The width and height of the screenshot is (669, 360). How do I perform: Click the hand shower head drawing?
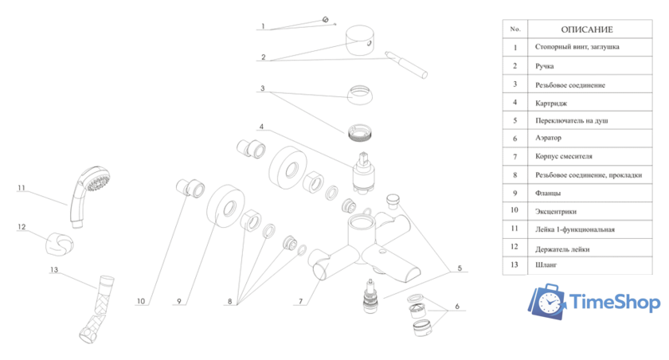pos(88,195)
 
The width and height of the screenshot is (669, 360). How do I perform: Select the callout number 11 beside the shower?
pos(22,188)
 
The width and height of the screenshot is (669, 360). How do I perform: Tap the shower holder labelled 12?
pos(59,245)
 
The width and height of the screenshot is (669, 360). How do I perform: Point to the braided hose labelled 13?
pos(96,309)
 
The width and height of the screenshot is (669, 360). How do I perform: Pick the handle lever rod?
pos(405,65)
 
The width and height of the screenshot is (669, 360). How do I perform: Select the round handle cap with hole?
pos(360,40)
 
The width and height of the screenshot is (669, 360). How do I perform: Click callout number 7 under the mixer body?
pos(301,301)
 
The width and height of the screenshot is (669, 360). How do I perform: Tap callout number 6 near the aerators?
pos(457,307)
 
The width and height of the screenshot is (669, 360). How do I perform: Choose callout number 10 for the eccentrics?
pos(141,301)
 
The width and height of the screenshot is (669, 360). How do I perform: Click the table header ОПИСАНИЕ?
pos(587,29)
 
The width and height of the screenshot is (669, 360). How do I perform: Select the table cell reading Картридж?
pos(551,104)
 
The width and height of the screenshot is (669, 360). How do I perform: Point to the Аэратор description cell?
pos(548,138)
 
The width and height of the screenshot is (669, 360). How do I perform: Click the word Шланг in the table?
pos(546,265)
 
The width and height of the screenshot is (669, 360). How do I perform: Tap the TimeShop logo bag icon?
pos(547,302)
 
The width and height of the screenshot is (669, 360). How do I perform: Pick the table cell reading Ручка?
pos(545,66)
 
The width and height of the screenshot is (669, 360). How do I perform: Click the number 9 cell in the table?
pos(515,194)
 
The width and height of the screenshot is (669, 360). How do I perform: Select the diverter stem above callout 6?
pos(370,296)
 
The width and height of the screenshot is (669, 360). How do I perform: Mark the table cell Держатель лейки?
pos(562,249)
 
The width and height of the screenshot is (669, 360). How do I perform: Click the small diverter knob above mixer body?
pos(393,202)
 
